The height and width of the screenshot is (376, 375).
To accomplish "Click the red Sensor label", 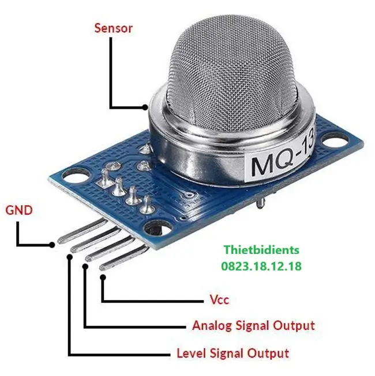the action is pos(114,28).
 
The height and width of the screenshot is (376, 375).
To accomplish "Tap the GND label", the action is pos(19,210).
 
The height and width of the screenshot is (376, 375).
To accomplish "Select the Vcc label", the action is pos(219,299).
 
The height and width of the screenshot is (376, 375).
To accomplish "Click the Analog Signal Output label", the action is pos(254,326).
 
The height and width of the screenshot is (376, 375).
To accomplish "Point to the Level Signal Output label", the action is pos(232,353).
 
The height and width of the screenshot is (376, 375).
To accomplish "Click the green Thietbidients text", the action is pos(261,250).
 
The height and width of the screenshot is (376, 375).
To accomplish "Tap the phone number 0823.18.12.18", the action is pos(261,266).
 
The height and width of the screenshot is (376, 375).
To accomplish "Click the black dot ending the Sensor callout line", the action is pos(145,108).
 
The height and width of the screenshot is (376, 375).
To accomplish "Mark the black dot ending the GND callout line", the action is pos(52,245).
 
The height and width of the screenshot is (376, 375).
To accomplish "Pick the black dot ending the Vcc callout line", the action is pos(103,278).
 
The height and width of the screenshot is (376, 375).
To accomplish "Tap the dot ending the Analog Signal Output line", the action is pos(85,266).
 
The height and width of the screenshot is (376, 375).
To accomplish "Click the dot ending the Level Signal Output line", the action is pos(70,257).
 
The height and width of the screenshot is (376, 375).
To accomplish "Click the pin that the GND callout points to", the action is pos(82,230).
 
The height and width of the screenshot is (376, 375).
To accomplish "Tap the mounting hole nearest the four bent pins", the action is pos(159,229).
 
